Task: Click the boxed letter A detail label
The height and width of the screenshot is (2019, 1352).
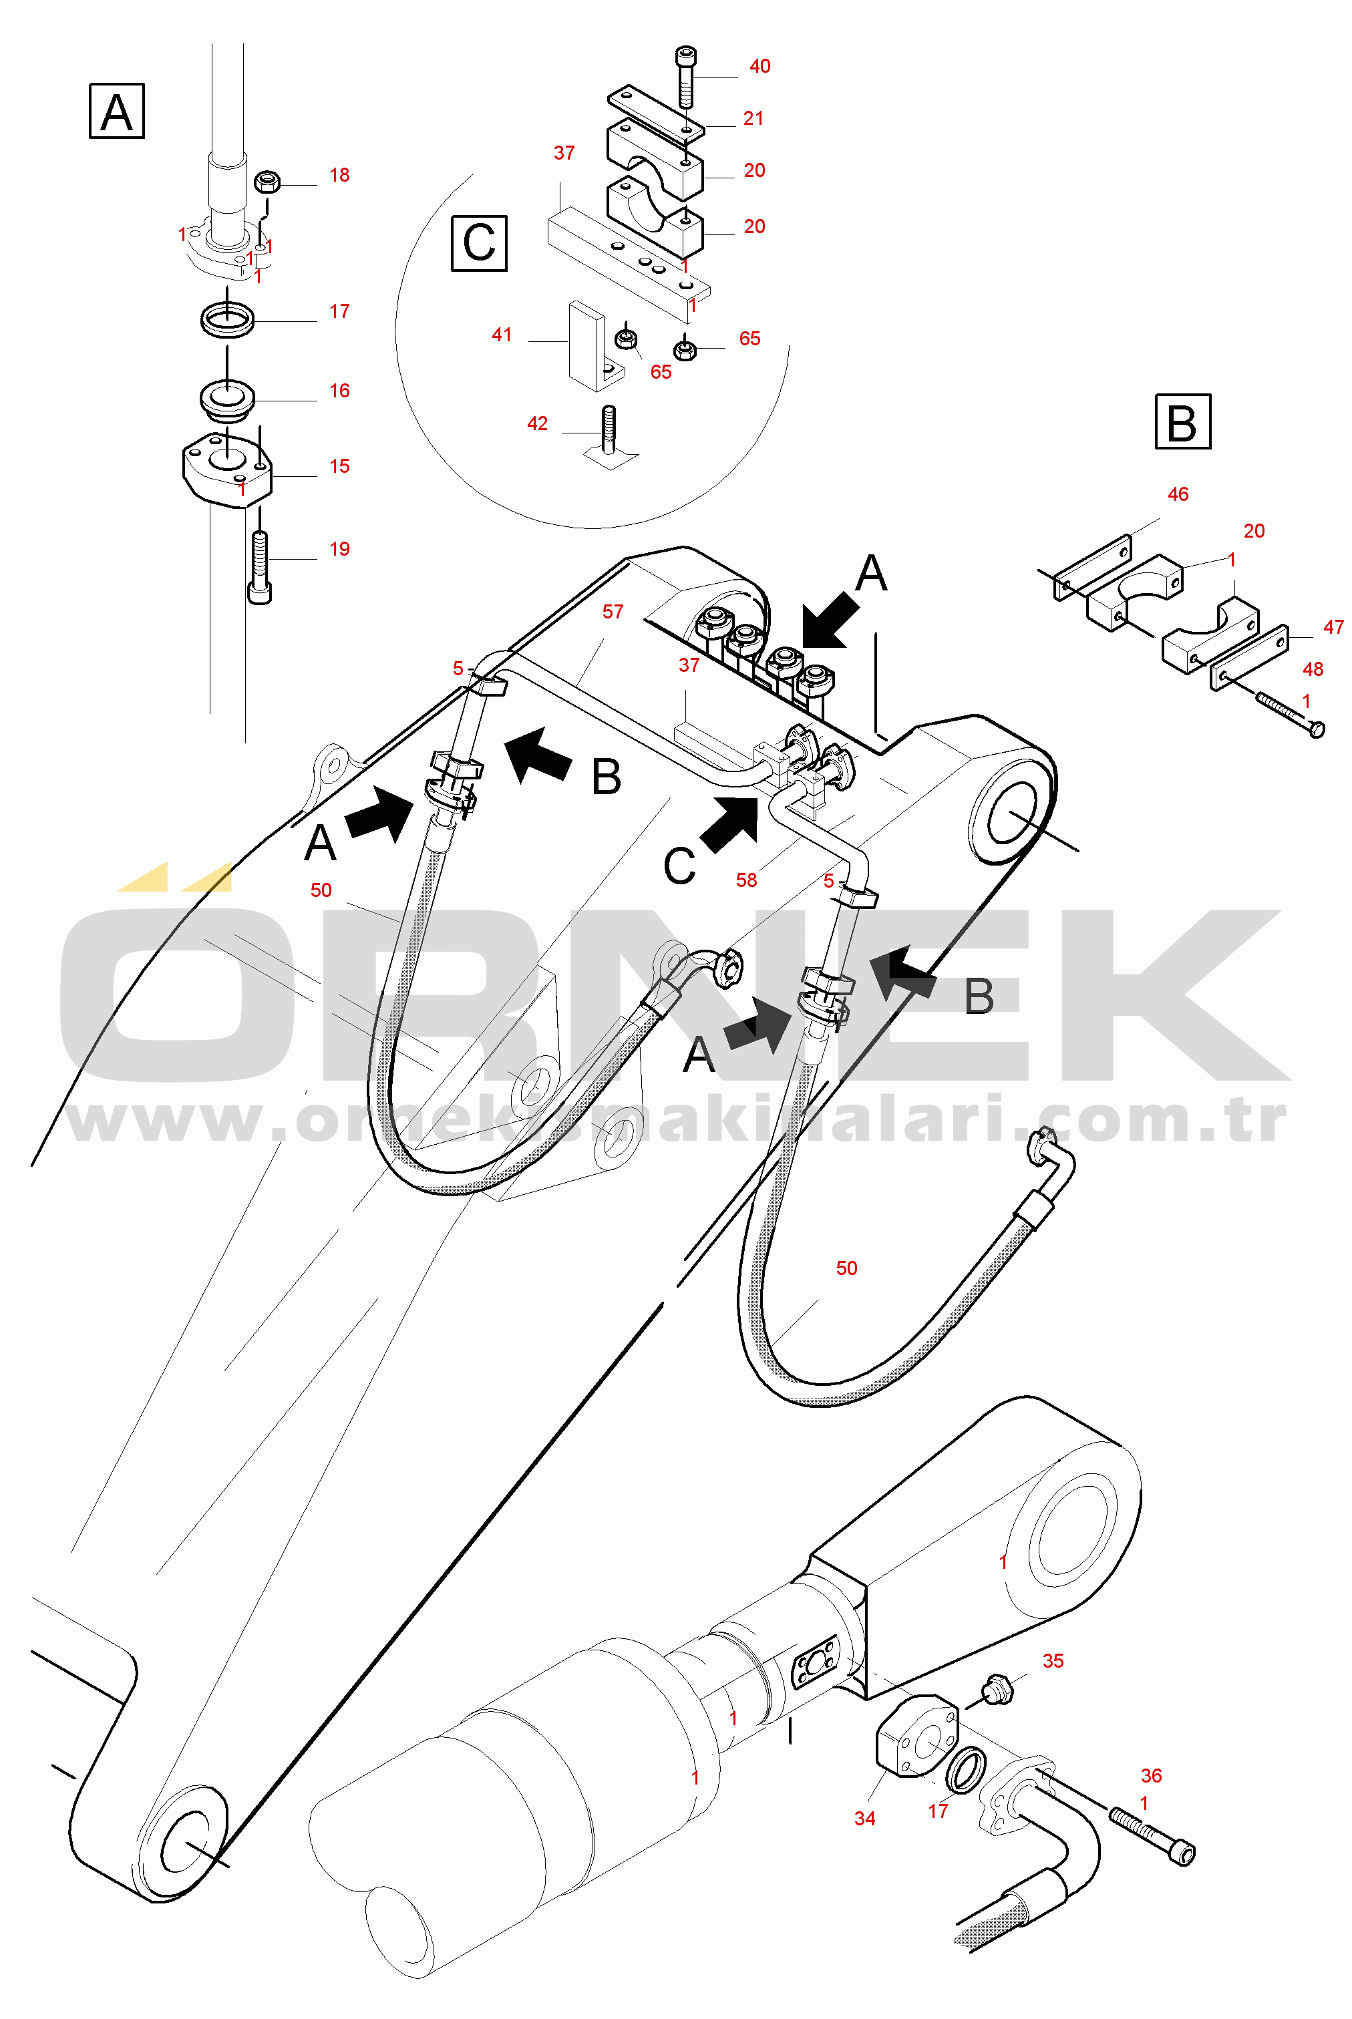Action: coord(116,112)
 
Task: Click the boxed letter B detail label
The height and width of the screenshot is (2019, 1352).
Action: coord(1182,421)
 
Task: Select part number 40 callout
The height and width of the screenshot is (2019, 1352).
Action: coord(759,66)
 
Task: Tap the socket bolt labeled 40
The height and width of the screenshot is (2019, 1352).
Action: coord(686,76)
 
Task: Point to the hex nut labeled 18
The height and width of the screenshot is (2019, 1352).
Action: coord(267,183)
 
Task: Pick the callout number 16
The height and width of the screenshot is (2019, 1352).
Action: coord(340,391)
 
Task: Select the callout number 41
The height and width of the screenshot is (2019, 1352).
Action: coord(502,335)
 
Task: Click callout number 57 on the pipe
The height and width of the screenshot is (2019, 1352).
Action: coord(613,611)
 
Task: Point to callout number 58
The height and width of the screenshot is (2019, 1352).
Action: coord(747,880)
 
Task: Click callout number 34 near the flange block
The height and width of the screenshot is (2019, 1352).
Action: coord(865,1818)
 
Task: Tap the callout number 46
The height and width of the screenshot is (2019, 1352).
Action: coord(1178,494)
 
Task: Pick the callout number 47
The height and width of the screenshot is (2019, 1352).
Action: coord(1333,626)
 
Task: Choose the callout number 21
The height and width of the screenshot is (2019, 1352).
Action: coord(753,118)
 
